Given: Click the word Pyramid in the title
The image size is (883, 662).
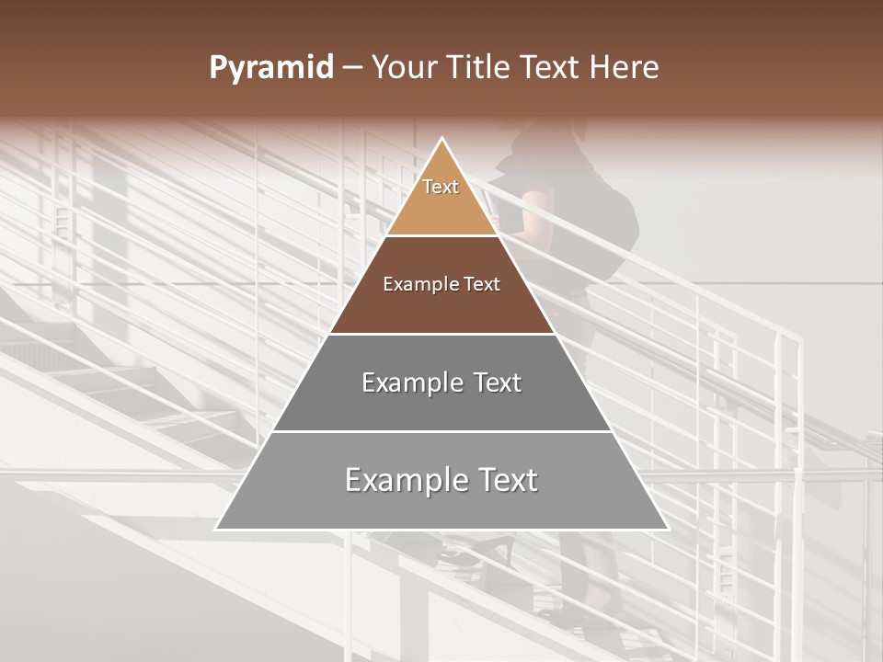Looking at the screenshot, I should pyautogui.click(x=270, y=68).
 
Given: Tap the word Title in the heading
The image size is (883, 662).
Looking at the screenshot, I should pyautogui.click(x=481, y=68).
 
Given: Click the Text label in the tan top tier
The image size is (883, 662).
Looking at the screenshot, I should pyautogui.click(x=441, y=187).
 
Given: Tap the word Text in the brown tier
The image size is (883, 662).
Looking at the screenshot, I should pyautogui.click(x=482, y=285).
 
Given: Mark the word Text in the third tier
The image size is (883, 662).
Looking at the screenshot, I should pyautogui.click(x=494, y=382).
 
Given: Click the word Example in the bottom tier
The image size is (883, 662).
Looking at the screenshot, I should pyautogui.click(x=400, y=480).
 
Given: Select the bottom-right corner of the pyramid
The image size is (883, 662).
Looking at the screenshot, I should pyautogui.click(x=667, y=529).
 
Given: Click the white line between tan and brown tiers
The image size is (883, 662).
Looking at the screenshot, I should pyautogui.click(x=442, y=236).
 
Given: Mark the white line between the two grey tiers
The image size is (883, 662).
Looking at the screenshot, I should pyautogui.click(x=442, y=431).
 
